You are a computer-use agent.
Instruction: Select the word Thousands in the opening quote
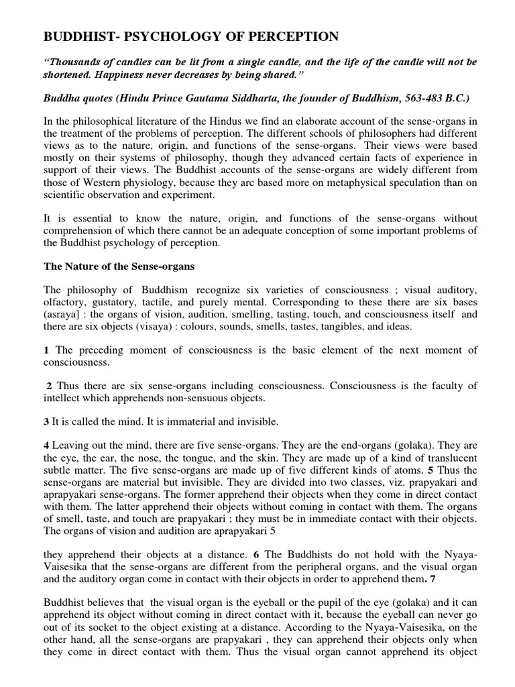(76, 62)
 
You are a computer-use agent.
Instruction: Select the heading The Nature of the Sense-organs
(119, 266)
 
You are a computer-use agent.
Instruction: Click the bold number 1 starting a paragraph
(47, 350)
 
